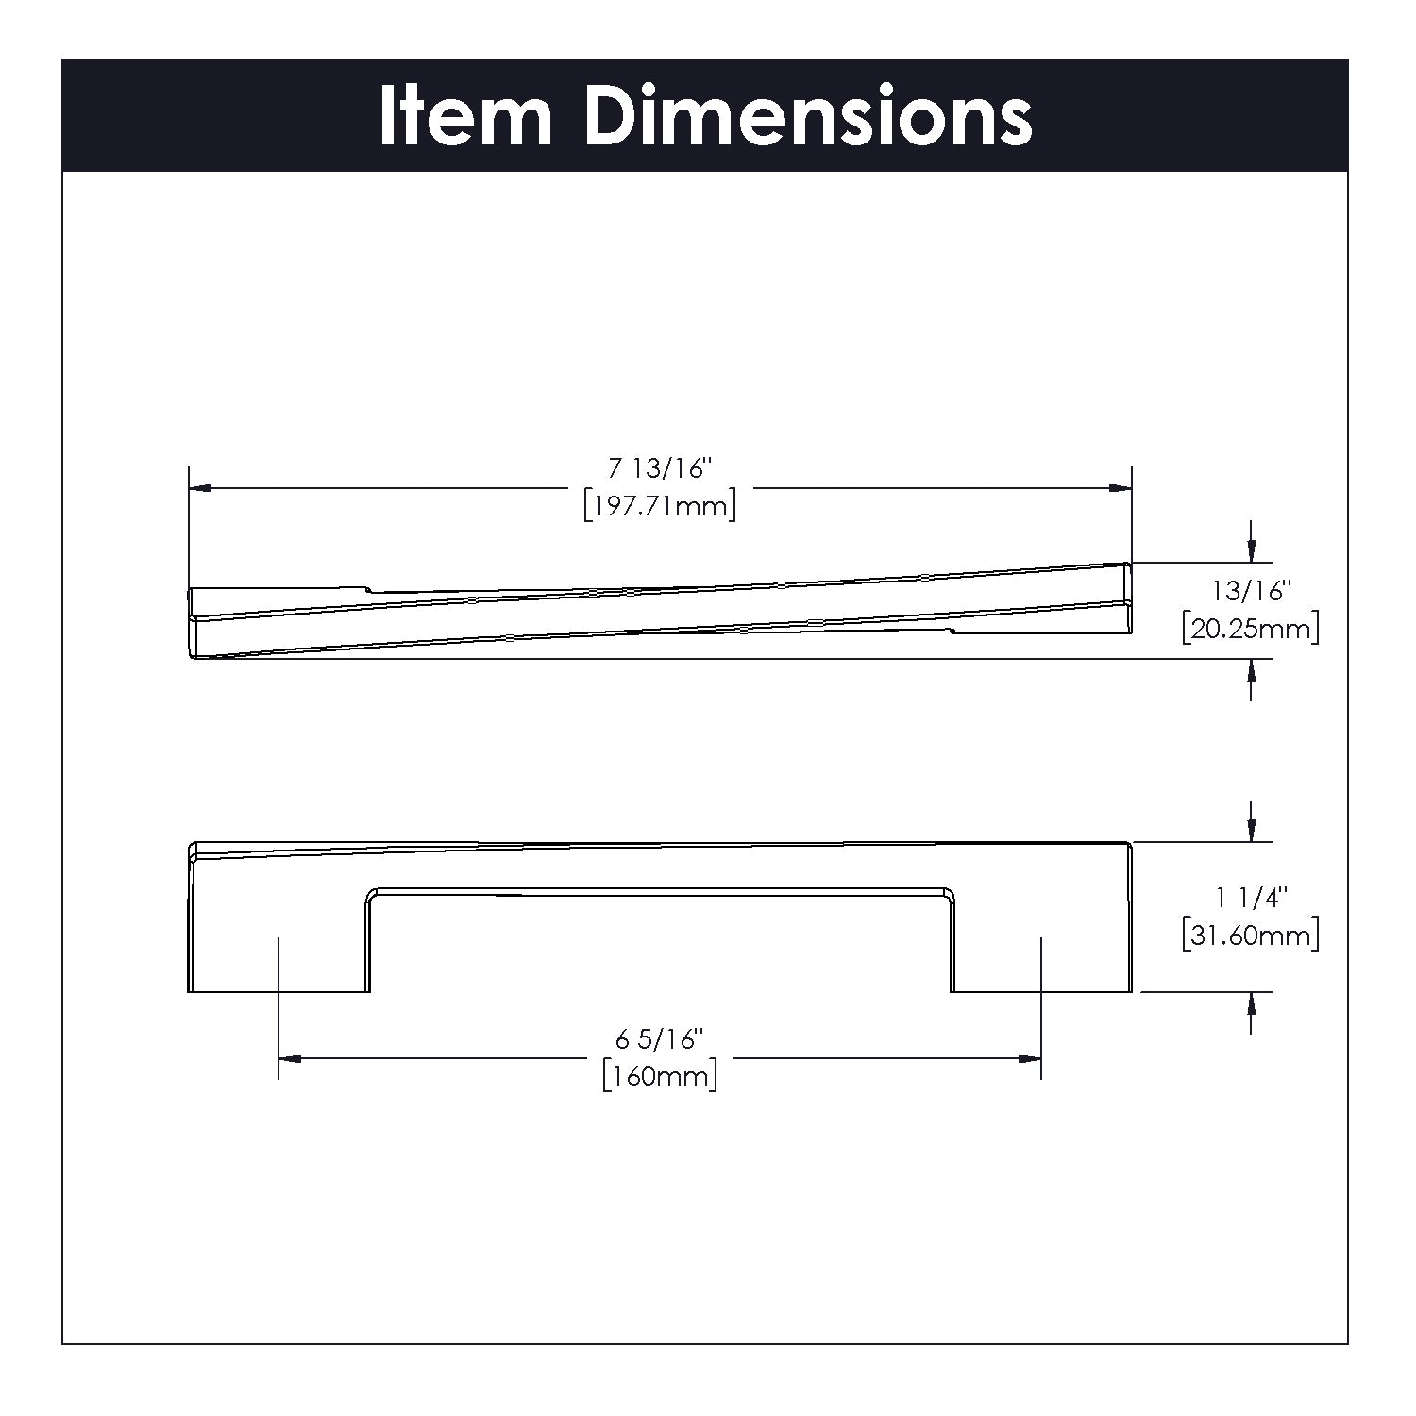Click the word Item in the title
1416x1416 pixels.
pos(465,117)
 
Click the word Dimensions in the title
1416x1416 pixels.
pos(809,117)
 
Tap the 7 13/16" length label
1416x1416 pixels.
pos(659,467)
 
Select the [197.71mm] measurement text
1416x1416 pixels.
pos(659,507)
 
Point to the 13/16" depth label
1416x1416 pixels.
pos(1251,591)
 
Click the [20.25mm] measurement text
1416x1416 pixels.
pos(1251,629)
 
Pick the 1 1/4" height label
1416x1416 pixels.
pos(1251,897)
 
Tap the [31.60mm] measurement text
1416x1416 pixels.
pos(1251,936)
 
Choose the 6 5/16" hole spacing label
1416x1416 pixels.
pos(660,1039)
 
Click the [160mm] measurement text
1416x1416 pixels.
pos(660,1077)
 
